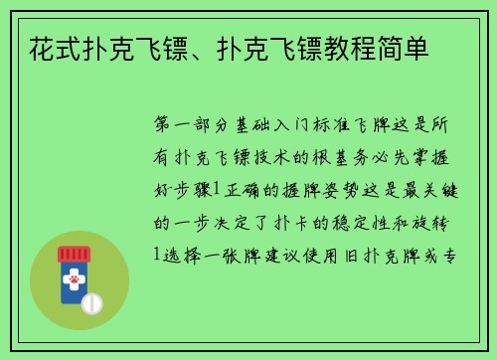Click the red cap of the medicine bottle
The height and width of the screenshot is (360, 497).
pos(72,255)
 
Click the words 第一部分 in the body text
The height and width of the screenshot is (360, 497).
pos(196,126)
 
